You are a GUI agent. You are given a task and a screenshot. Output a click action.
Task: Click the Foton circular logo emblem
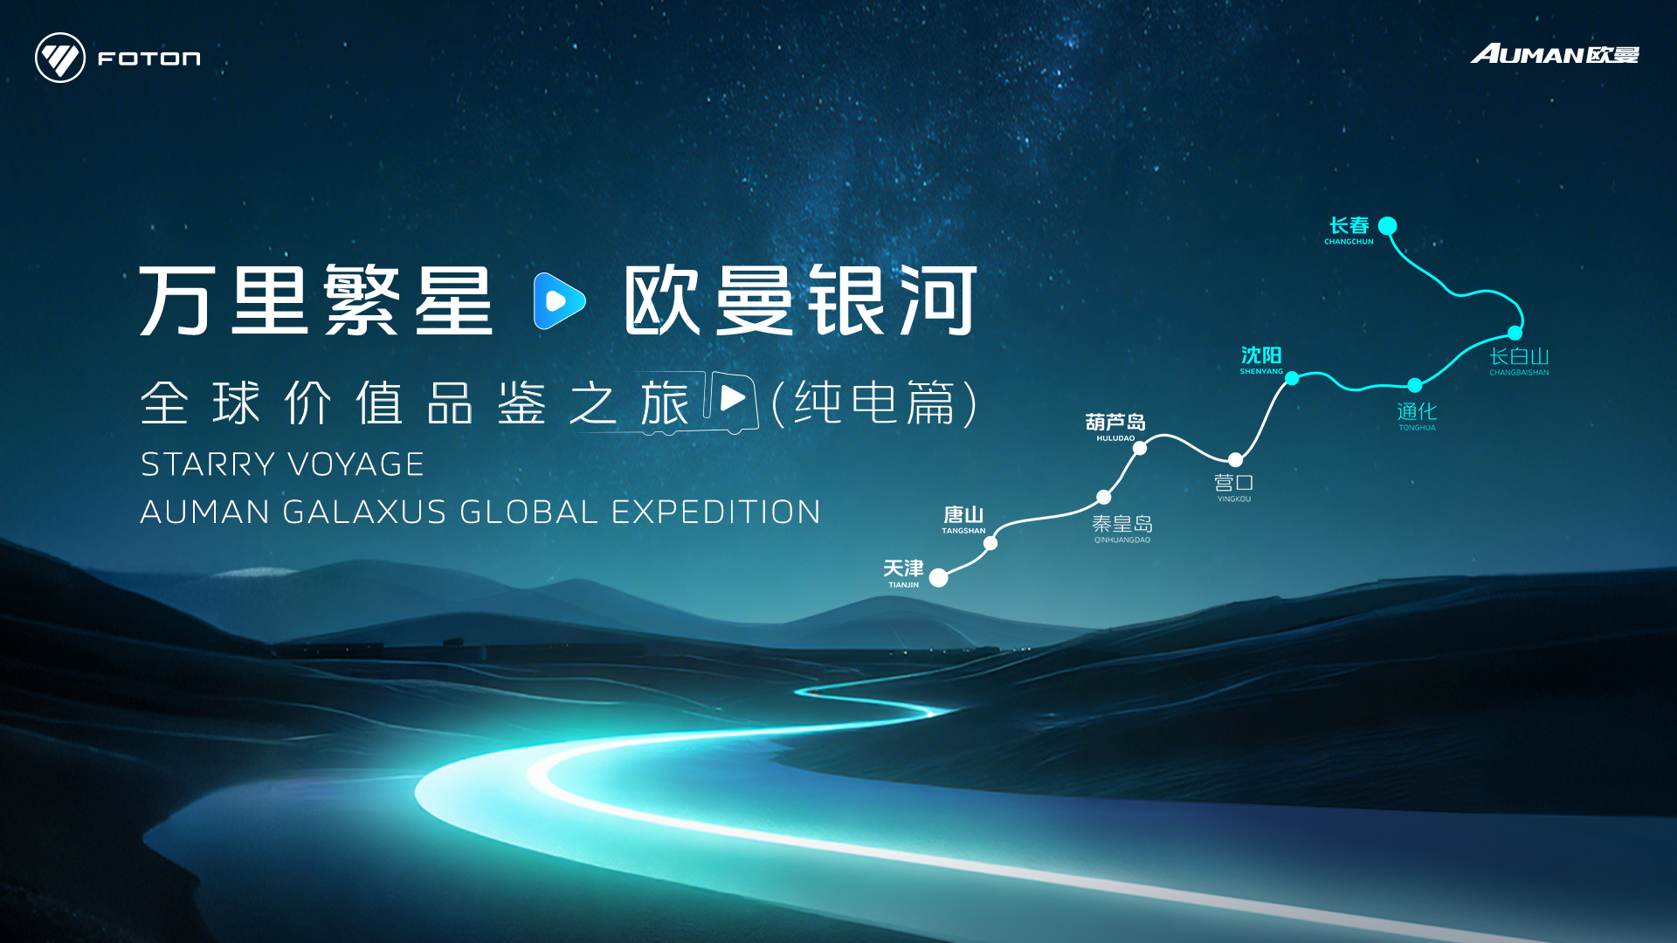pos(60,58)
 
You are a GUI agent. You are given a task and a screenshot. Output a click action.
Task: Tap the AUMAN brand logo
pos(1555,54)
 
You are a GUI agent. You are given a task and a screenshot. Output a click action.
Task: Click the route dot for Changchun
pos(1387,226)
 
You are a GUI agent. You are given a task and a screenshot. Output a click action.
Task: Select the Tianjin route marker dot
pos(939,577)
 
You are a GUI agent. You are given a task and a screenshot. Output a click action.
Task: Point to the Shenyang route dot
pos(1292,378)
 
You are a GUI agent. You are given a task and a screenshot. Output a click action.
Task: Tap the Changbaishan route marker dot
pos(1515,333)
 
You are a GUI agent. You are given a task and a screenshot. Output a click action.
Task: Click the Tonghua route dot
pos(1415,385)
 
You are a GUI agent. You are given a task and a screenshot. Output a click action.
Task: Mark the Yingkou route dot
pos(1235,460)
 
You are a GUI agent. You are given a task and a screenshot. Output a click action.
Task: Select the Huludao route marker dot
pos(1140,448)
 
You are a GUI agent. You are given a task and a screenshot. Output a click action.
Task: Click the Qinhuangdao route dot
pos(1104,497)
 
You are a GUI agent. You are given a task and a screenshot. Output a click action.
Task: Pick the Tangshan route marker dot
pos(990,543)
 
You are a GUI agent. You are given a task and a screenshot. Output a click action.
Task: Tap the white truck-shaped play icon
pos(730,401)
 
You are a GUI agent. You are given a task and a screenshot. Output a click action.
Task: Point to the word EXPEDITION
pos(716,512)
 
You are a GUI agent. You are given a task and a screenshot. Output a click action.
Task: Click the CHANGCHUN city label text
pos(1349,242)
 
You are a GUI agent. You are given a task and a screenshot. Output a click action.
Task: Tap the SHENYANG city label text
pos(1261,371)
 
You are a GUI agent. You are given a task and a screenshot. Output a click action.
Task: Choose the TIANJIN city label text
pos(904,585)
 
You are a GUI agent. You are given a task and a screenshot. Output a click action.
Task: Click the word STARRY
pos(209,465)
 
